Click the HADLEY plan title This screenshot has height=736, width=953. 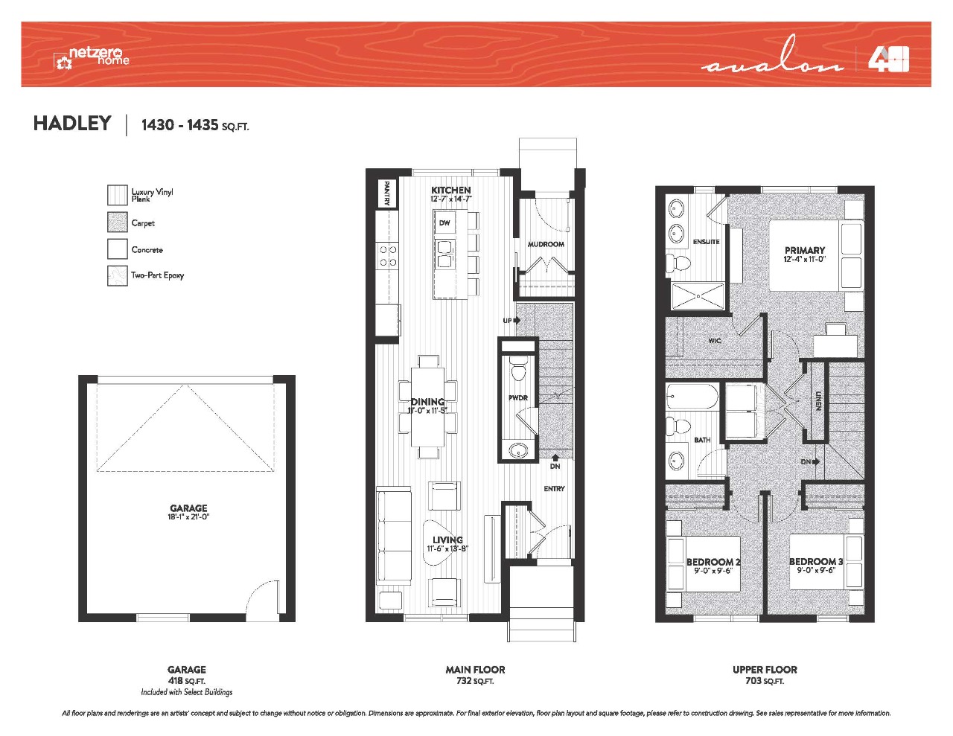tap(72, 124)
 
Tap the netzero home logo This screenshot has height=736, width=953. tap(92, 57)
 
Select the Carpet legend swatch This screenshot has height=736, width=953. tap(118, 223)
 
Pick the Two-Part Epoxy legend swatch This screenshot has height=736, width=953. tap(118, 276)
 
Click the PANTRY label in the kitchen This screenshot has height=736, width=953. tap(387, 193)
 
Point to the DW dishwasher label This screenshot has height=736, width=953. tap(444, 223)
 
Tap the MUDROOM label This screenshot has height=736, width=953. tap(546, 244)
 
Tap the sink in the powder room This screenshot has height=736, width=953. tap(518, 449)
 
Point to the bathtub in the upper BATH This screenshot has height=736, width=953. tap(692, 396)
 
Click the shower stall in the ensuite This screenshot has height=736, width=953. tap(698, 296)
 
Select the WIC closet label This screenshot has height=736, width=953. tap(715, 341)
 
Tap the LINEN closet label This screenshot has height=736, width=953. tap(818, 401)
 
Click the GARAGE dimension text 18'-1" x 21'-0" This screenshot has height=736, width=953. tap(188, 516)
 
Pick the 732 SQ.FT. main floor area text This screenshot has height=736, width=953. tap(475, 681)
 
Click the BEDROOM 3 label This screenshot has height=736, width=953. tap(816, 562)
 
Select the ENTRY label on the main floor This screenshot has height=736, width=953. tap(554, 488)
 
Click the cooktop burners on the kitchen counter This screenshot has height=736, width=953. tap(388, 256)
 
